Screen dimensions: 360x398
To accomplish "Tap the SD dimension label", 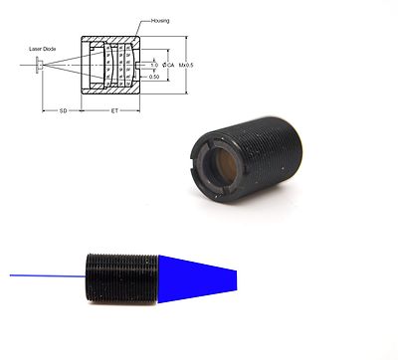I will pyautogui.click(x=62, y=110).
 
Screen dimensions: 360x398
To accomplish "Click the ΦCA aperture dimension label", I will pyautogui.click(x=166, y=66).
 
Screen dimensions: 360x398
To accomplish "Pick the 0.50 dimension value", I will pyautogui.click(x=153, y=76).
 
